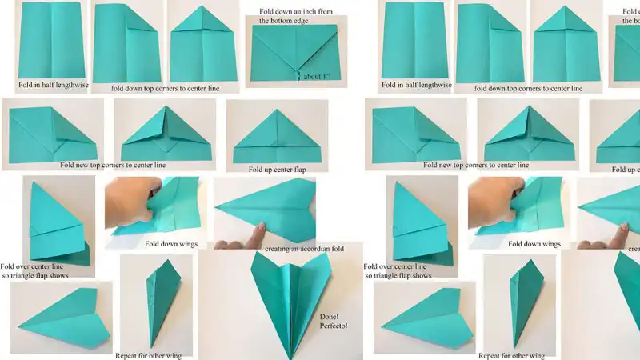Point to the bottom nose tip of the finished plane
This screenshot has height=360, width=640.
point(286,352)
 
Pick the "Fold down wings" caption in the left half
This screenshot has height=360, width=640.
point(171,243)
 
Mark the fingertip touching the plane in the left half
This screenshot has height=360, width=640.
point(257,234)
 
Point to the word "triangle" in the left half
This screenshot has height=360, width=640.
point(34,275)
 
